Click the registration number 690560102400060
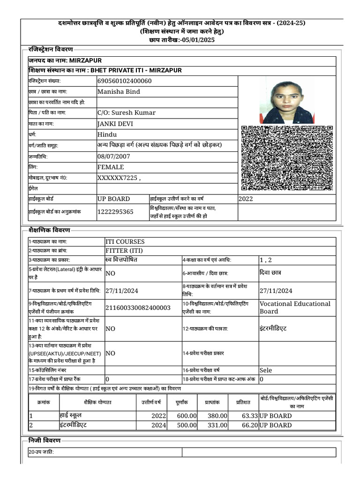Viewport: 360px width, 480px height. click(124, 81)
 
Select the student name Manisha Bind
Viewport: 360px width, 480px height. click(118, 92)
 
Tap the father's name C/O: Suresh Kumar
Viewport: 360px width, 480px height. click(126, 113)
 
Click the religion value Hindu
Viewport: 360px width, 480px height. click(107, 135)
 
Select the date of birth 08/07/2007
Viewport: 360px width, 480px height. click(113, 157)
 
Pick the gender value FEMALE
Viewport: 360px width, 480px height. click(111, 167)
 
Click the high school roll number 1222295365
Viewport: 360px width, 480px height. click(115, 212)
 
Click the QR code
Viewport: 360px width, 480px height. click(286, 158)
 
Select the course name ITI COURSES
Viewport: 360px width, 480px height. click(125, 242)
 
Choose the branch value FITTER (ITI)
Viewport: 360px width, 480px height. click(123, 251)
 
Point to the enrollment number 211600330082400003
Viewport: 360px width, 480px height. click(138, 307)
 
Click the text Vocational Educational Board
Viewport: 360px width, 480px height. click(295, 307)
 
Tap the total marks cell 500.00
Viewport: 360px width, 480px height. click(187, 425)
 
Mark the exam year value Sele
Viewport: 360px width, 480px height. click(266, 370)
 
